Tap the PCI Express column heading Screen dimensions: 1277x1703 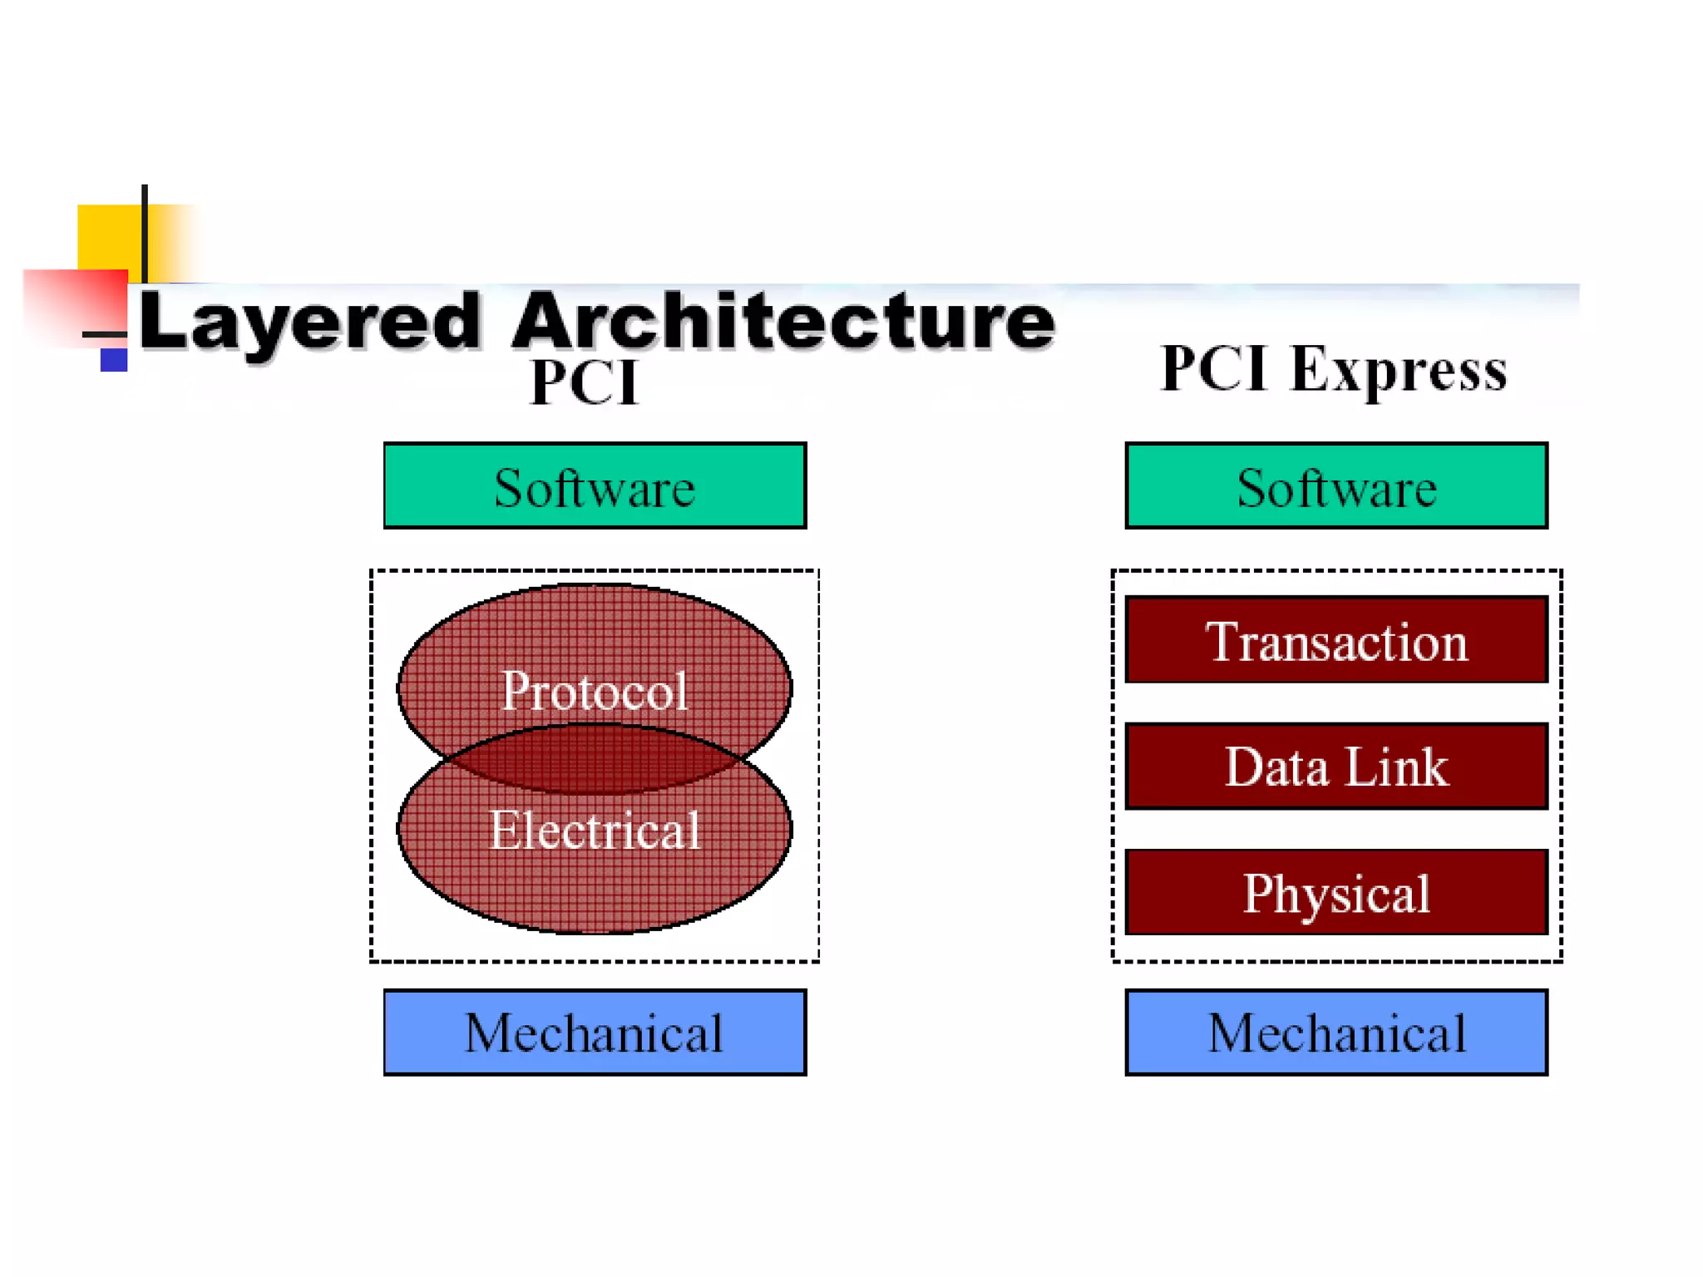point(1333,369)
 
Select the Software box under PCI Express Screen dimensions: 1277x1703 point(1335,486)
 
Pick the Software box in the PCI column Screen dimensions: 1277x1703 point(595,486)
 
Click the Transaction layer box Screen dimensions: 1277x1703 point(1335,640)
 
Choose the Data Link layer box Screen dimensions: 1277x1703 point(1335,766)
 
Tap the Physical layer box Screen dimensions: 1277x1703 point(1335,892)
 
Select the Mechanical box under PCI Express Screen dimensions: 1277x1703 point(1335,1033)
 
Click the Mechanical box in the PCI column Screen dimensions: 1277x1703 point(595,1033)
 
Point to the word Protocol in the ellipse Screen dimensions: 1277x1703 point(595,690)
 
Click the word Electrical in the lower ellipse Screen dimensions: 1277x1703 point(595,830)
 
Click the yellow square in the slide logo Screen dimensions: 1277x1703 point(108,237)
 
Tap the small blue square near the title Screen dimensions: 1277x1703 point(114,360)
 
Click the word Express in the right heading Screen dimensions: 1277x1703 point(1399,371)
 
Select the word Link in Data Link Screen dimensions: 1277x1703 point(1396,766)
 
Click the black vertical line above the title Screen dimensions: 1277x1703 point(145,233)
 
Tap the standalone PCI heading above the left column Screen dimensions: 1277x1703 point(585,382)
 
